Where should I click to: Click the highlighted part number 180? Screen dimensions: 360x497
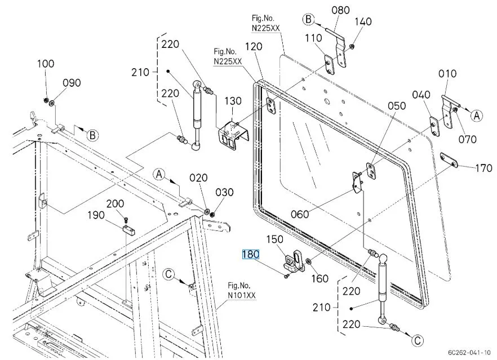250,254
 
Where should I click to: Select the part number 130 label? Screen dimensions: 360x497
233,101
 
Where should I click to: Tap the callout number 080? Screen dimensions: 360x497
340,10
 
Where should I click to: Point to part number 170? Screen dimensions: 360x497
483,167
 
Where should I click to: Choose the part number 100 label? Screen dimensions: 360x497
46,64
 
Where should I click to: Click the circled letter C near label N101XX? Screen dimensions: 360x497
169,274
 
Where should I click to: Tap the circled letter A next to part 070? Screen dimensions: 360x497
477,115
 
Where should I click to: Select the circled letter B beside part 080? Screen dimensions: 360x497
308,20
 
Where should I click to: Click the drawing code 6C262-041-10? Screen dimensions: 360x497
469,350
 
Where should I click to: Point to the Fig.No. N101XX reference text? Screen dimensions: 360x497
242,290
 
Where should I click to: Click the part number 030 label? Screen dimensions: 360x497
224,193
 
